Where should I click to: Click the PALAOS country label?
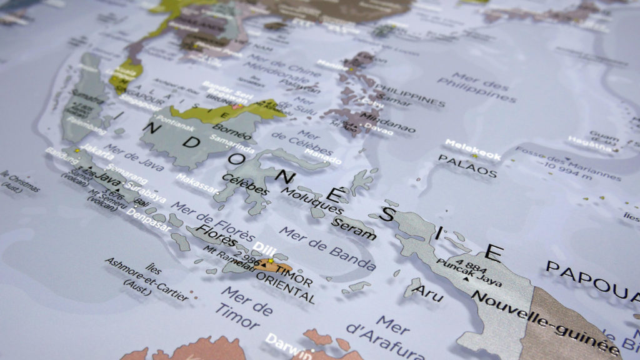coord(467,166)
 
